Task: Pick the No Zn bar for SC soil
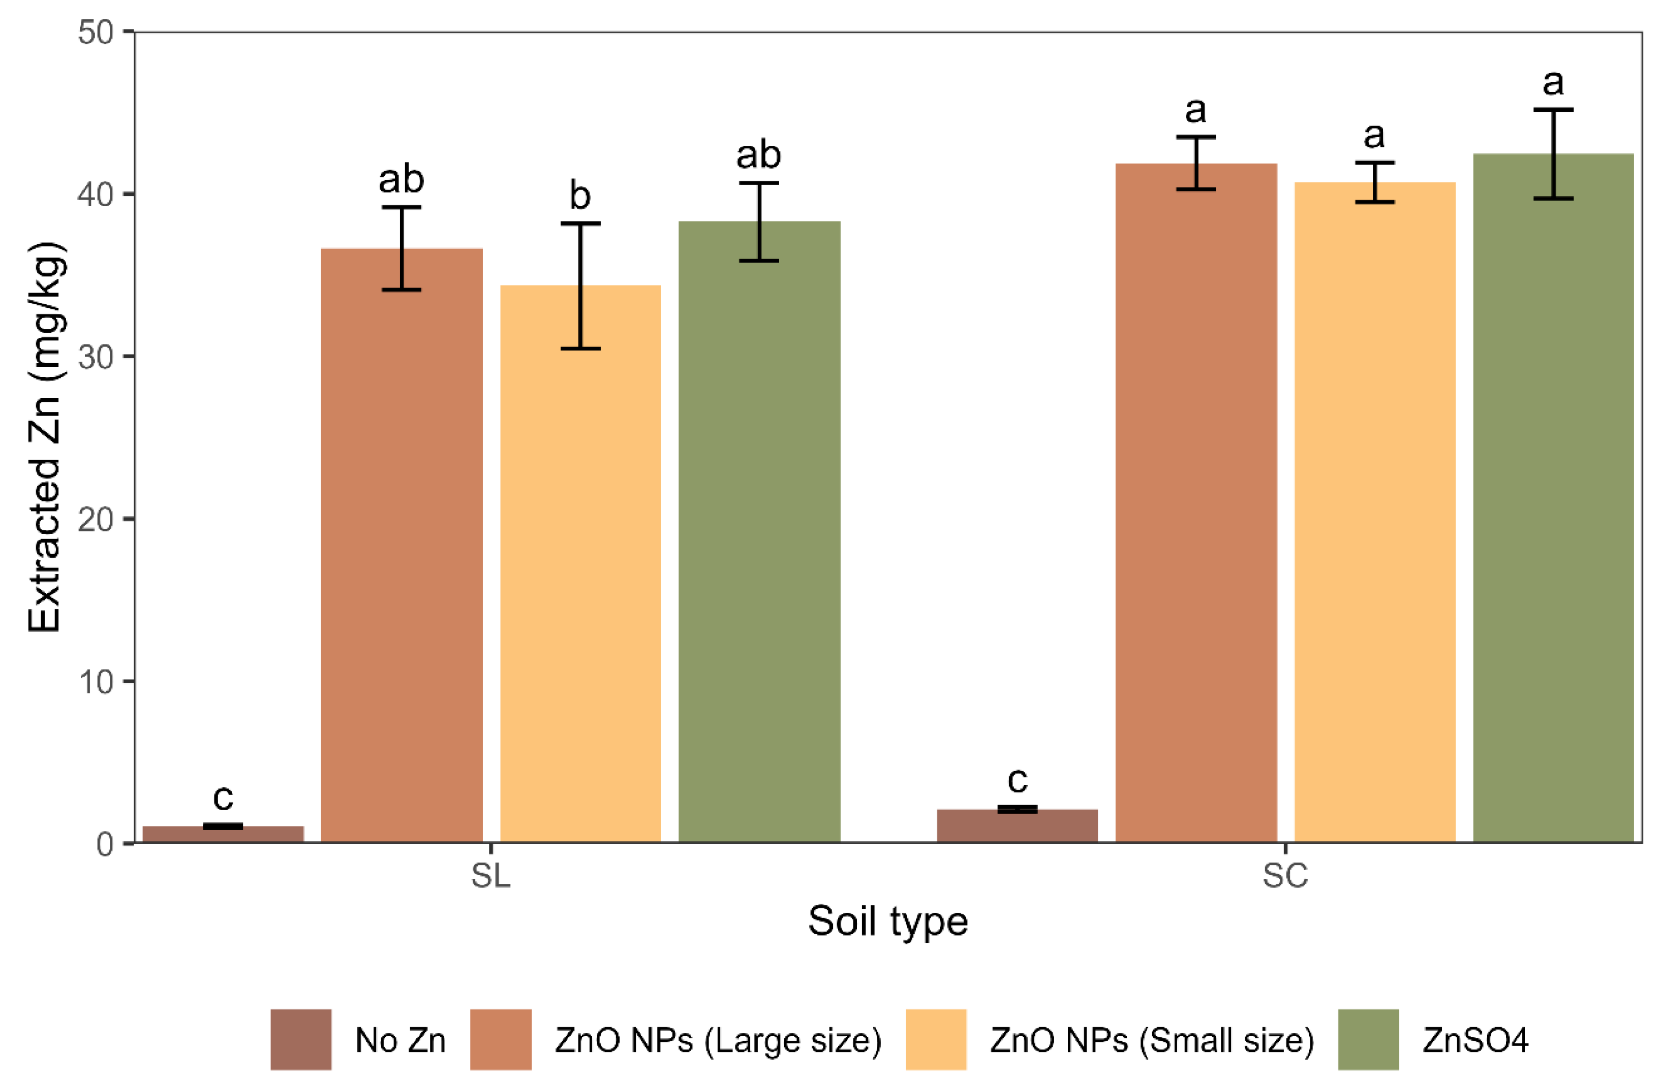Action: (1017, 826)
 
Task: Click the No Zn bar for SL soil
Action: (223, 834)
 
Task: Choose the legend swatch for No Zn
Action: (301, 1039)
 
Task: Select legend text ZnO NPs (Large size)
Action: (718, 1040)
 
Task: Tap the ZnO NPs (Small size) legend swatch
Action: (935, 1039)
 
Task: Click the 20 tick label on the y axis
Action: (96, 519)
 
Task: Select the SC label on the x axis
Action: (1285, 875)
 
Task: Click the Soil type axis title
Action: (888, 921)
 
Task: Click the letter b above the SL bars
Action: (580, 196)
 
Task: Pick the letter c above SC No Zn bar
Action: (1018, 780)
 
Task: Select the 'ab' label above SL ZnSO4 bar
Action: (759, 155)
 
